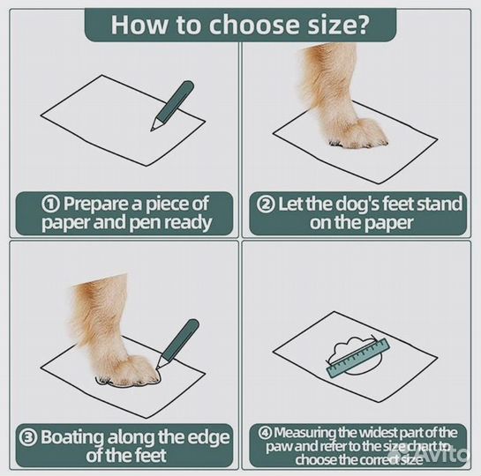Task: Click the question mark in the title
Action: (359, 25)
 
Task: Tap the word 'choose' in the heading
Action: (254, 25)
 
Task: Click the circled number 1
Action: (50, 205)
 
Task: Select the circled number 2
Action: (266, 205)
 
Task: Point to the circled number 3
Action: (28, 437)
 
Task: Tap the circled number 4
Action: (265, 433)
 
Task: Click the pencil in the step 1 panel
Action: (172, 106)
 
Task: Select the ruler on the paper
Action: (357, 358)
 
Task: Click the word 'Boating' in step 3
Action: (72, 437)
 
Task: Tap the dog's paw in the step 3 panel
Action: (127, 369)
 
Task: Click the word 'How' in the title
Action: (139, 25)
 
